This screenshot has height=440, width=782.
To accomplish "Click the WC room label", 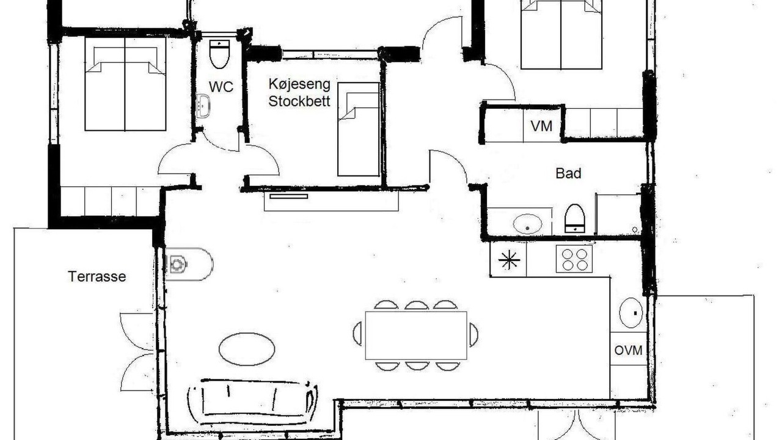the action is point(221,87).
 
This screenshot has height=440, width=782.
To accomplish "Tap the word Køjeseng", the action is point(299,84).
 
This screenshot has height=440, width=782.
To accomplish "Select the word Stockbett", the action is point(299,101).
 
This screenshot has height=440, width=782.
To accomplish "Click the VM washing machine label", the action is point(541,126).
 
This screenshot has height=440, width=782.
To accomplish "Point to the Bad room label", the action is point(568,174).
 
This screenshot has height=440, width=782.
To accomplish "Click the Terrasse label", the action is point(97,277).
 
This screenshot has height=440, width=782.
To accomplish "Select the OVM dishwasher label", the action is point(628,350).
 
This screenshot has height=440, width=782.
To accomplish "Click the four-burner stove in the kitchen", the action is point(574,258).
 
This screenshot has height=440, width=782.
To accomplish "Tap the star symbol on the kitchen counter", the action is point(509,260).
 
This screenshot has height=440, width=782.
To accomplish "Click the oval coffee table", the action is point(247,349).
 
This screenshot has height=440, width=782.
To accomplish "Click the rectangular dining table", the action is point(416,335).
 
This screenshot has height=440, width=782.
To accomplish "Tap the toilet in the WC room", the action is point(219,54).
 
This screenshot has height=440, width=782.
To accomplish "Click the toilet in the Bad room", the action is point(575,219).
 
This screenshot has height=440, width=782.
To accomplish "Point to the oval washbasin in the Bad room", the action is point(527,224).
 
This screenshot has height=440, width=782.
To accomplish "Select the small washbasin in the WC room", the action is point(203,106).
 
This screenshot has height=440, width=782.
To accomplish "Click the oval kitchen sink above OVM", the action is point(631,313).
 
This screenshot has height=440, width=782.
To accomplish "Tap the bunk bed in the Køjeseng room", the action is point(359,129).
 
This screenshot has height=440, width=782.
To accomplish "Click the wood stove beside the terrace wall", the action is point(189,264).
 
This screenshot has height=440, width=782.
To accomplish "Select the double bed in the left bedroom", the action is point(125,84).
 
